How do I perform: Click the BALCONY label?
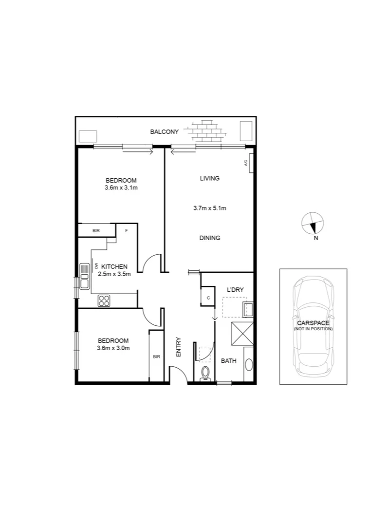(164, 131)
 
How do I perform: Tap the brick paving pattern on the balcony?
(209, 130)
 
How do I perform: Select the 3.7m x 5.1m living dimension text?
(210, 208)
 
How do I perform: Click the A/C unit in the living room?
(247, 164)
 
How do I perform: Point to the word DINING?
(210, 238)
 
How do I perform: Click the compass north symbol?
(312, 223)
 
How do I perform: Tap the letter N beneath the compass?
(316, 238)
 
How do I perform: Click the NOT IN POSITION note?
(313, 329)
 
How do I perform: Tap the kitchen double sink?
(85, 275)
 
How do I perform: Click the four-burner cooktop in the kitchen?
(104, 301)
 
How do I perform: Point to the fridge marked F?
(127, 230)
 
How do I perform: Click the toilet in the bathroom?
(205, 374)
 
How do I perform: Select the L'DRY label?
(235, 290)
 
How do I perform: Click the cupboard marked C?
(208, 297)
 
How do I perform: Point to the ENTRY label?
(178, 347)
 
